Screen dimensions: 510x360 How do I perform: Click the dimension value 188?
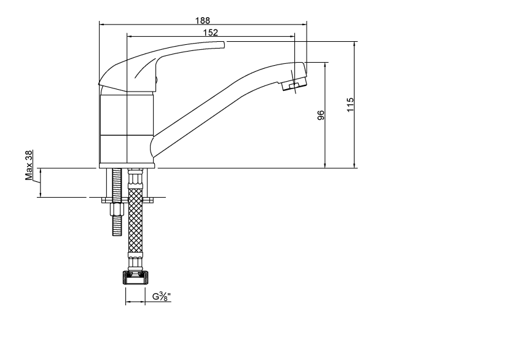203,20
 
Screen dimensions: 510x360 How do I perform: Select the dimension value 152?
210,33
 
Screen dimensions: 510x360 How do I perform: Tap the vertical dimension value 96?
321,115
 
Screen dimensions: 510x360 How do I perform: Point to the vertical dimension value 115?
350,104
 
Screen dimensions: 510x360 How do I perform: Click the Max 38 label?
29,165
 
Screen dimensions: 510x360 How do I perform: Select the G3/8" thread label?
162,297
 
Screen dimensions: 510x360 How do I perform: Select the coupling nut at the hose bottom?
135,278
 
